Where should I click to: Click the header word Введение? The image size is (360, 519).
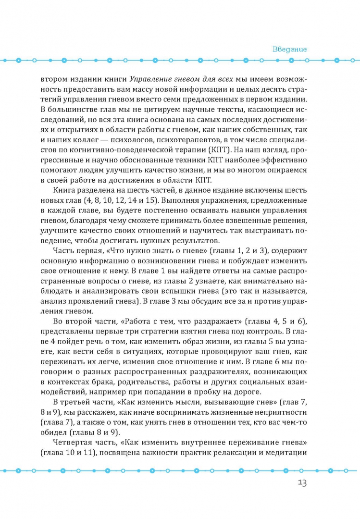(290, 49)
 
